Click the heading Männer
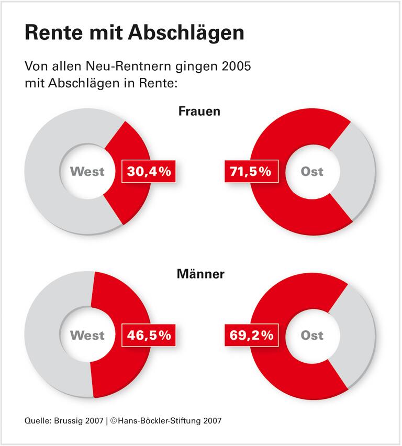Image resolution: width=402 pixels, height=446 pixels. click(201, 274)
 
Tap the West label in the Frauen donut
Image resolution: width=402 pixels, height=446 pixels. click(87, 171)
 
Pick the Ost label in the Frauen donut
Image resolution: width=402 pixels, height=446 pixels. click(312, 171)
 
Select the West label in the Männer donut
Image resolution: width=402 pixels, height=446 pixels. click(87, 335)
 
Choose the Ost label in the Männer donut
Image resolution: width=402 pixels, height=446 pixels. click(312, 335)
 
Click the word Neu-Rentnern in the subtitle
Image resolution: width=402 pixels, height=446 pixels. click(142, 67)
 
